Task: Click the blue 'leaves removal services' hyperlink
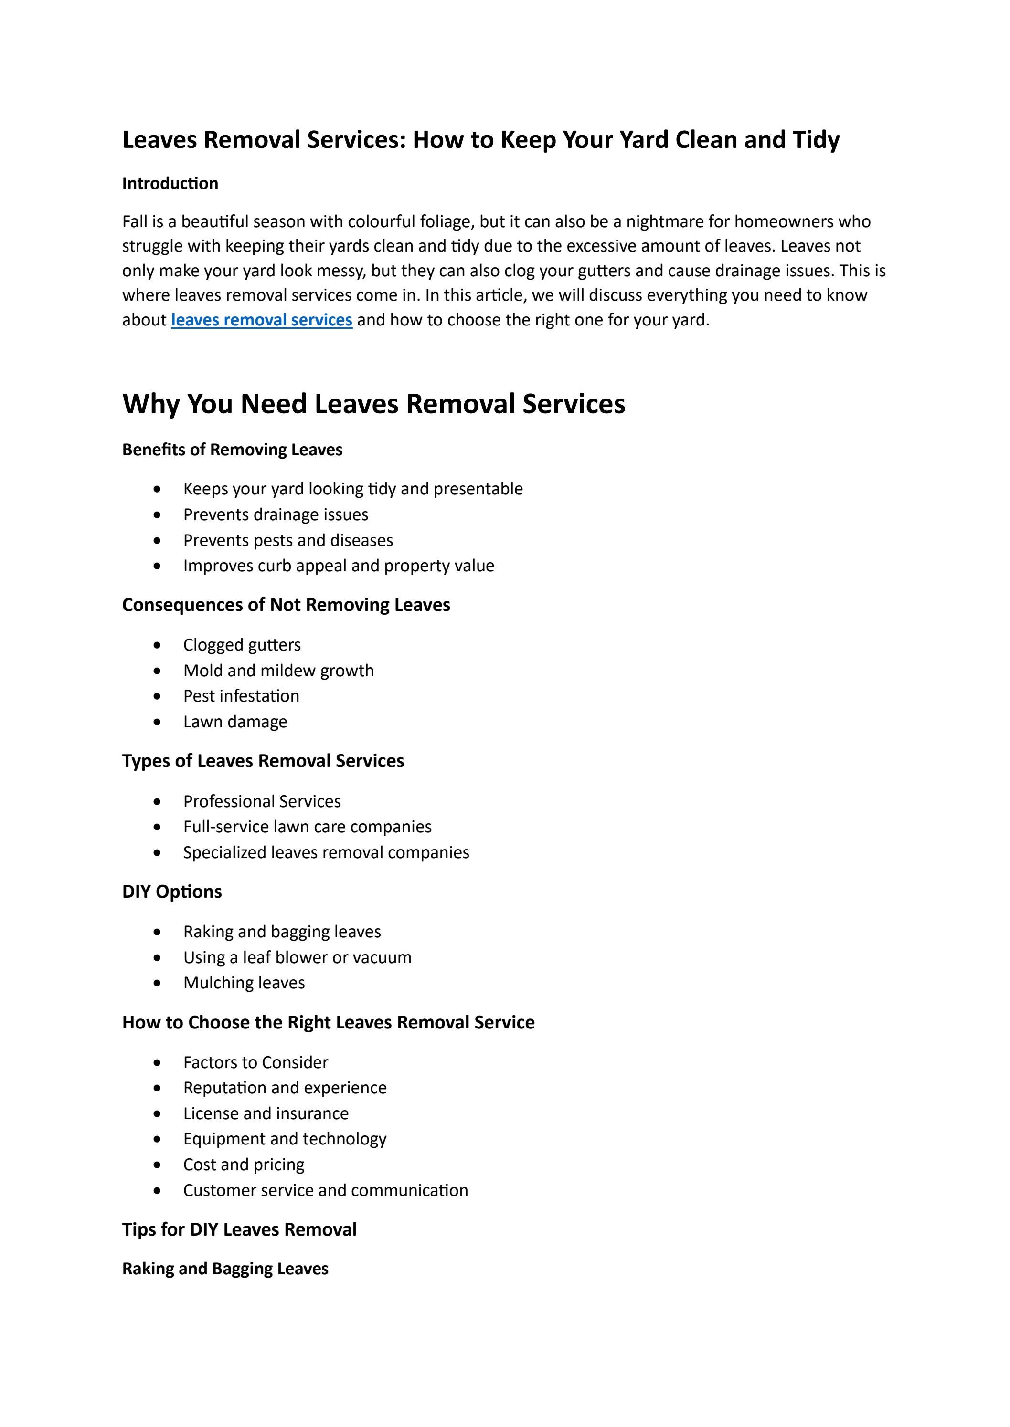[x=261, y=320]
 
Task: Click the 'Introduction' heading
[x=170, y=183]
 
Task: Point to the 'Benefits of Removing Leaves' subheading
[x=232, y=450]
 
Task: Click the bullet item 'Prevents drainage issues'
[x=276, y=514]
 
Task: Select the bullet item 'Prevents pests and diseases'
[x=288, y=540]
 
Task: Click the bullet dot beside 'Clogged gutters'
[x=157, y=645]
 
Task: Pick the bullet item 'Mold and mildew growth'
[x=278, y=671]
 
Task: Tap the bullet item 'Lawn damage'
[x=235, y=722]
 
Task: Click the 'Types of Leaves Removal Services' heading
[x=263, y=761]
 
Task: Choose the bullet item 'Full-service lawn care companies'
[x=307, y=827]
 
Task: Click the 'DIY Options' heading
[x=171, y=892]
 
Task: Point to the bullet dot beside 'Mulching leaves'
[x=157, y=983]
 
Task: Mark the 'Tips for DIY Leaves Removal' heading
[x=239, y=1229]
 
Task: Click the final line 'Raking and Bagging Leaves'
[x=224, y=1269]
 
